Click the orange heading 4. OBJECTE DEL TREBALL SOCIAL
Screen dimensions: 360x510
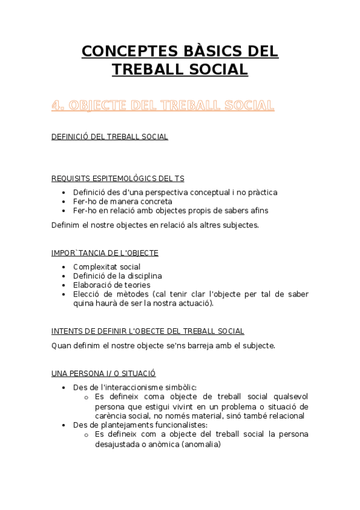(163, 106)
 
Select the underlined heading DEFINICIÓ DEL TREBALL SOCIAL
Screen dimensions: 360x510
(110, 137)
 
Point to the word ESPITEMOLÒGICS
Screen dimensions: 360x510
(124, 178)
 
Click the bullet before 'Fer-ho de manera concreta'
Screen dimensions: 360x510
(64, 201)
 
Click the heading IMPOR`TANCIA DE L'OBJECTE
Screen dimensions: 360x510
(105, 253)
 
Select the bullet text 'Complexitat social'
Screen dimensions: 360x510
(107, 266)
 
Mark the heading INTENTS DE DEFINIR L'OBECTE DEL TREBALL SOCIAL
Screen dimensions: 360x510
(148, 331)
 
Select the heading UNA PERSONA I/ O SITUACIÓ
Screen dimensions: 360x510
(104, 373)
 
